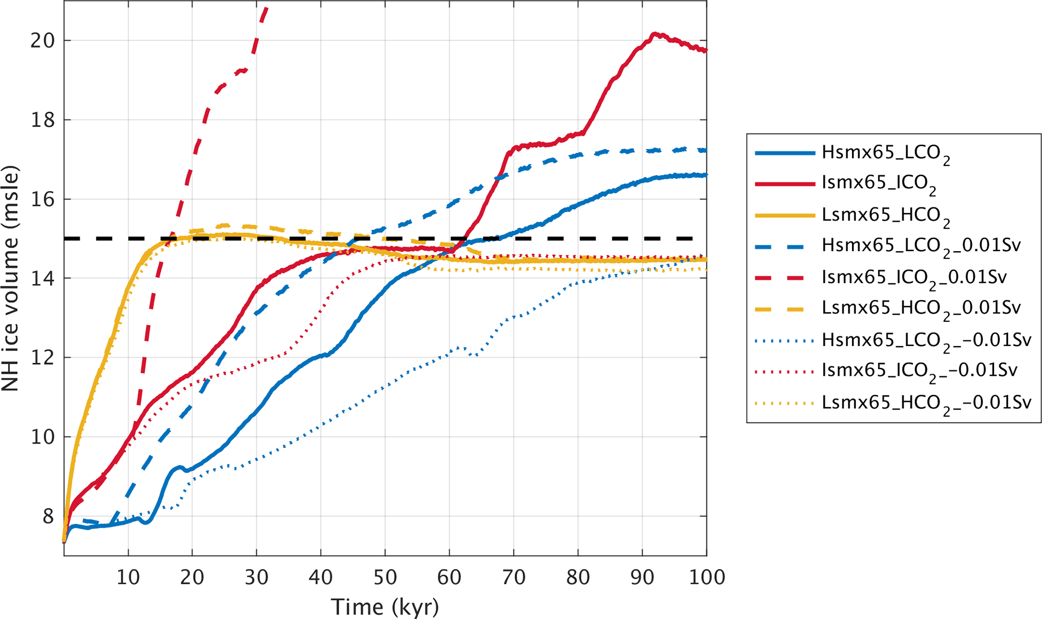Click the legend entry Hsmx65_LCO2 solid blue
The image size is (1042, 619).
tap(885, 153)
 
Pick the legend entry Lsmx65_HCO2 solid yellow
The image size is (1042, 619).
tap(885, 215)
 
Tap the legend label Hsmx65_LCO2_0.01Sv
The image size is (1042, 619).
tap(921, 247)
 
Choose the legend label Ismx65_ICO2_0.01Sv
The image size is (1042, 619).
tap(913, 278)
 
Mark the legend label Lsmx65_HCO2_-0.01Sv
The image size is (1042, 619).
tap(926, 403)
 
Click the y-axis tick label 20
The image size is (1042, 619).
tap(43, 41)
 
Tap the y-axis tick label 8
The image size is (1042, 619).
tap(48, 517)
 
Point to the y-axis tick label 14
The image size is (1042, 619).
tap(43, 278)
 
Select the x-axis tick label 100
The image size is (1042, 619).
tap(706, 577)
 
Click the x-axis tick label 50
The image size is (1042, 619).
tap(385, 577)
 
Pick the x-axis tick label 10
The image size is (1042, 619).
tap(128, 577)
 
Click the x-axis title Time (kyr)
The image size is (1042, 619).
tap(385, 606)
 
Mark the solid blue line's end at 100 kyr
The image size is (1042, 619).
tap(706, 175)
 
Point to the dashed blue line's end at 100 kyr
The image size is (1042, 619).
tap(706, 150)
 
